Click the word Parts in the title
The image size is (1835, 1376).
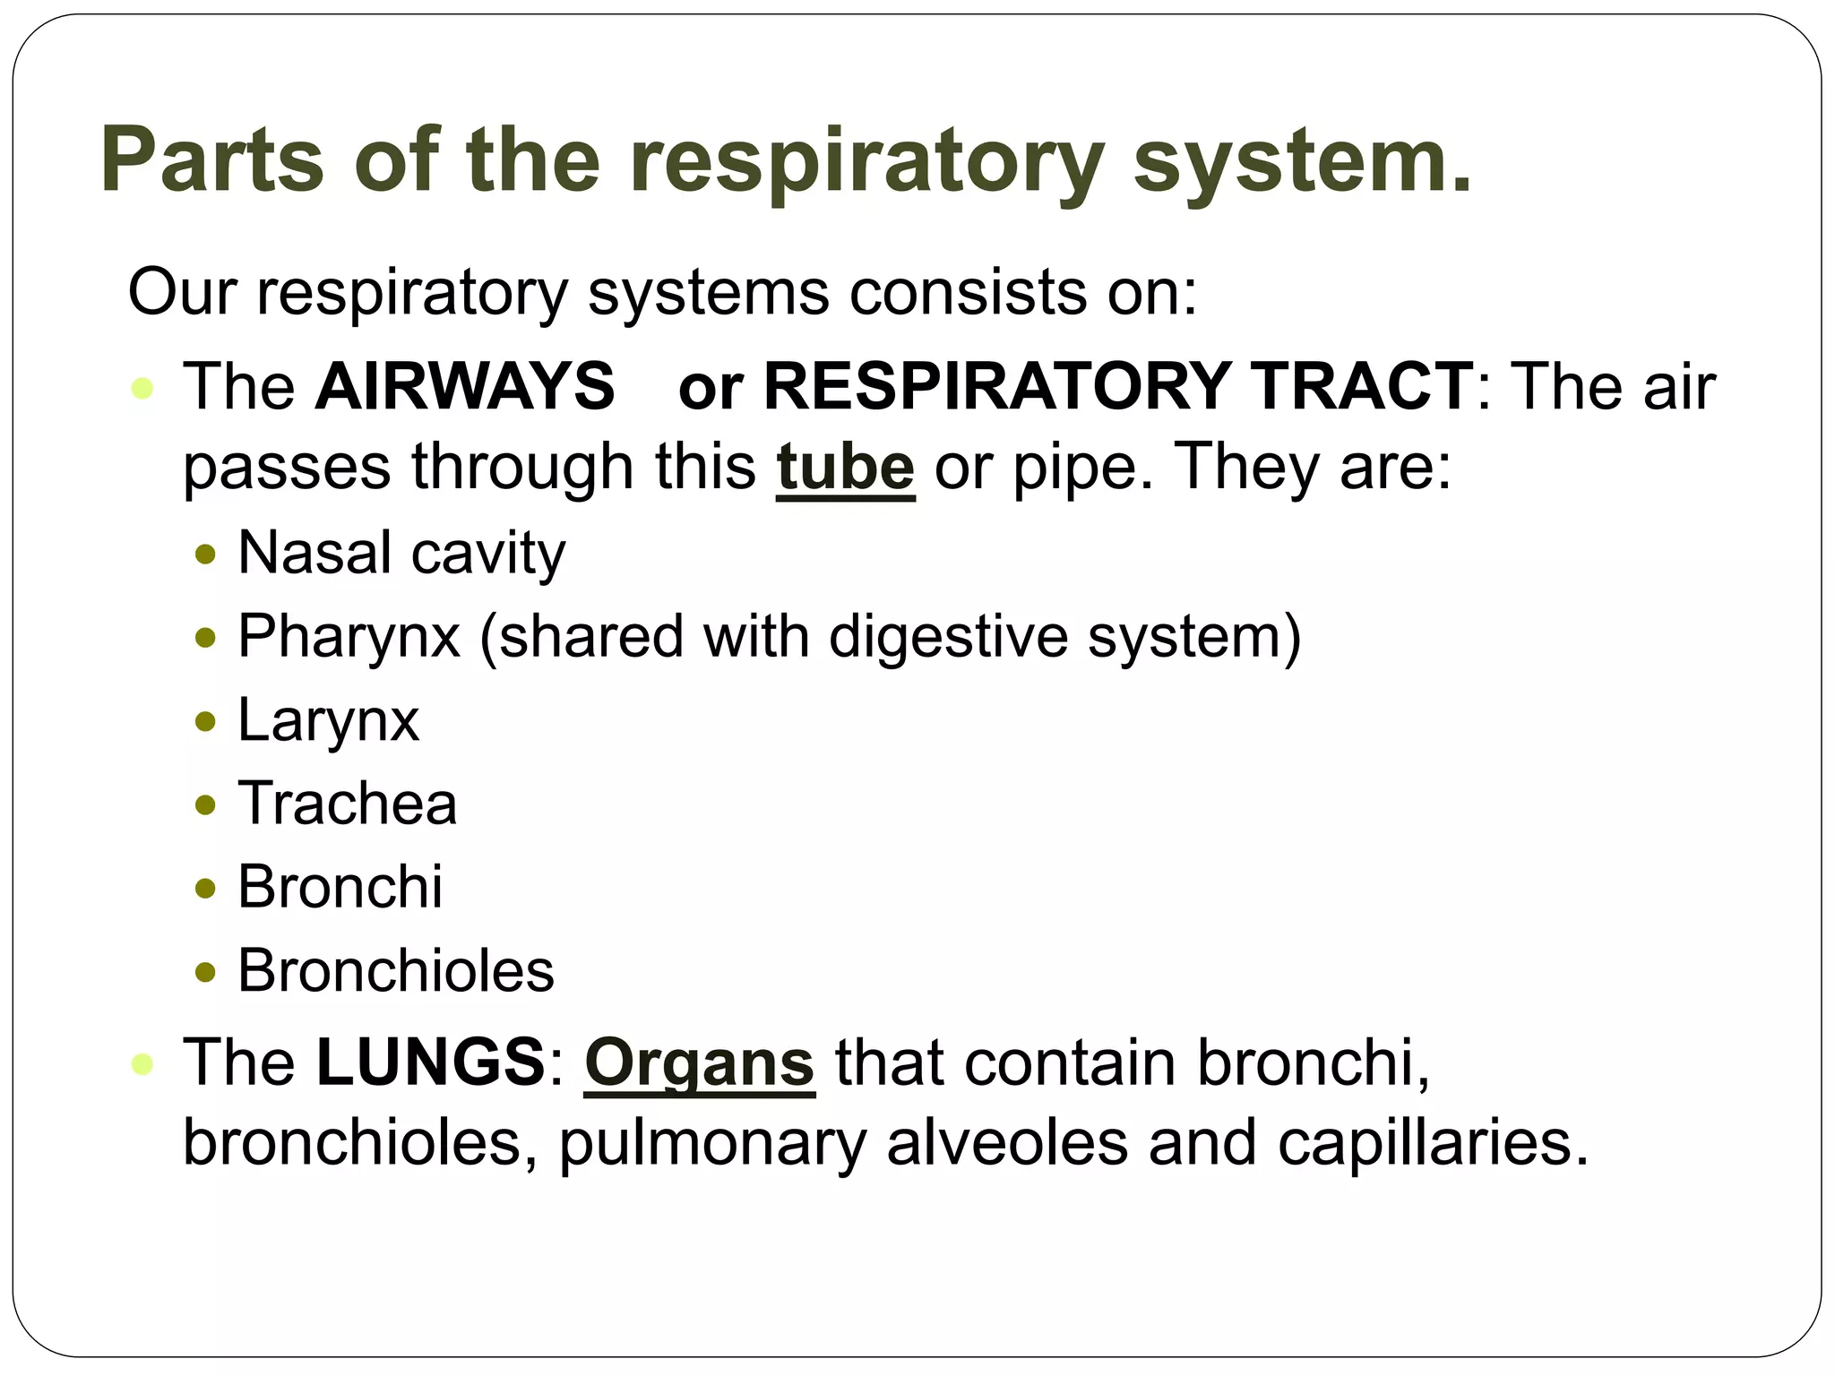(x=211, y=159)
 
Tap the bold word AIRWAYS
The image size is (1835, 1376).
(x=465, y=386)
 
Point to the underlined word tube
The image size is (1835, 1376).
(x=845, y=467)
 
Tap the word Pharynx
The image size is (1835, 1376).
(x=349, y=636)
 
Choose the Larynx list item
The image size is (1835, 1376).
(x=328, y=719)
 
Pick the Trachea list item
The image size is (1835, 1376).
(x=348, y=803)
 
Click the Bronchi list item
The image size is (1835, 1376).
(x=340, y=887)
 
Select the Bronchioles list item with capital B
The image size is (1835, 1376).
(x=396, y=970)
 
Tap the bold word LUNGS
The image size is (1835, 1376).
(x=430, y=1062)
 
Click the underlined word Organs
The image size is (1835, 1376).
(x=699, y=1063)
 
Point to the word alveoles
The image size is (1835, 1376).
(x=1007, y=1143)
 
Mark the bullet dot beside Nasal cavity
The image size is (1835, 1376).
(x=206, y=555)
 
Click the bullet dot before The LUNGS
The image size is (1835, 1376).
(x=142, y=1064)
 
